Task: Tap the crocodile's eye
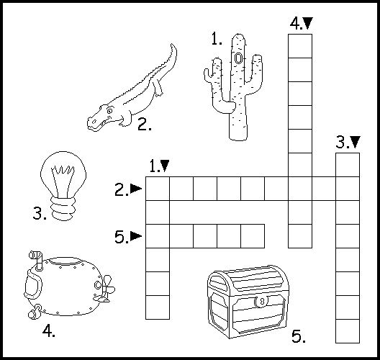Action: (109, 111)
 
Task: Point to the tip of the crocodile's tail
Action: (171, 44)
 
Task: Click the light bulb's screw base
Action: (63, 208)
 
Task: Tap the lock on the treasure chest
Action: (261, 302)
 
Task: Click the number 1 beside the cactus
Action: (217, 39)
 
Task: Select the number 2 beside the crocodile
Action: (145, 124)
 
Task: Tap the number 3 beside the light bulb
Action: (40, 213)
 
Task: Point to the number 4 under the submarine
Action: (49, 331)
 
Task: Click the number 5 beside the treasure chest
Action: (299, 336)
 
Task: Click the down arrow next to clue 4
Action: (308, 23)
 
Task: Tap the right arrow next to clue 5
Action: (136, 236)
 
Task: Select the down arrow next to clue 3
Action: (356, 142)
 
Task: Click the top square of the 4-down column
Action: (300, 46)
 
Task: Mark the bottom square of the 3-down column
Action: (348, 331)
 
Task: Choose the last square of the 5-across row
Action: (253, 236)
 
